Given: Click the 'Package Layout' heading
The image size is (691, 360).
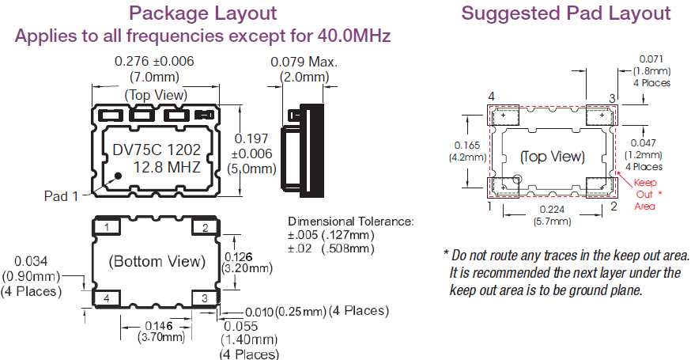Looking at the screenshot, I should pos(203,13).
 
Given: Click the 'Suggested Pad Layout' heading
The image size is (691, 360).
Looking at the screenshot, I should pos(566,13).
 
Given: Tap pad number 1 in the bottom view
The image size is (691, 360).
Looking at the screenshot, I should pos(108,228).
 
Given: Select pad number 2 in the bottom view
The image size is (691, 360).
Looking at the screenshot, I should pos(205,228).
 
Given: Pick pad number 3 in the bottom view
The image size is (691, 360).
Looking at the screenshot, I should pos(205,298).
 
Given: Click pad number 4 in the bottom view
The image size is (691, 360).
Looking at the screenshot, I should pos(108,298).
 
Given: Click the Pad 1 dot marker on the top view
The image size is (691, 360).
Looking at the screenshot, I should pos(118,176).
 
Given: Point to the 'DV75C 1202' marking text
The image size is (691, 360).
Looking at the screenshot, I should pos(155,150).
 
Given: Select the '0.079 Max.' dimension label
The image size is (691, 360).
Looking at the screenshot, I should pos(304,62).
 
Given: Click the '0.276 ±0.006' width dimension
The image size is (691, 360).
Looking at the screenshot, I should pos(155,61).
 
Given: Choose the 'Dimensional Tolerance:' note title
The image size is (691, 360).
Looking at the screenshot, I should pos(350,221).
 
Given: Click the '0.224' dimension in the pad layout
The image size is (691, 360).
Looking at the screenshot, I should pos(553,210).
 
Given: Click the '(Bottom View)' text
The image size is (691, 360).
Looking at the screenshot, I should pos(157,261).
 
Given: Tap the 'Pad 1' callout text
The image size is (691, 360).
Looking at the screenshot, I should pos(61,196).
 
